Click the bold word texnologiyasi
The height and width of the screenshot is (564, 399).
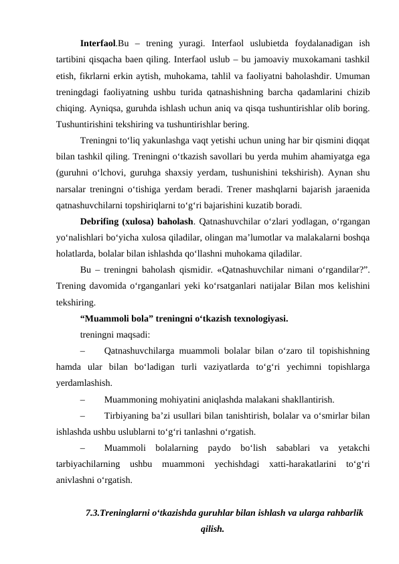click(x=260, y=319)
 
